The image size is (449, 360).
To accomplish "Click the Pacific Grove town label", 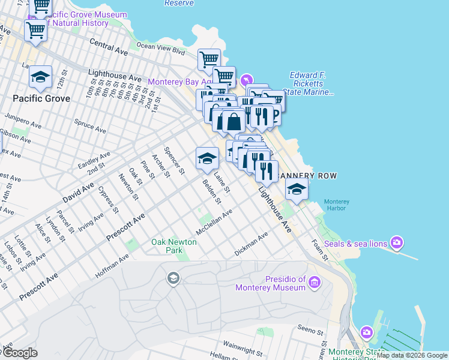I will [41, 98].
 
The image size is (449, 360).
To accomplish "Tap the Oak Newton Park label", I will [166, 245].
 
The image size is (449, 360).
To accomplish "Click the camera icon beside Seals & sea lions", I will [396, 243].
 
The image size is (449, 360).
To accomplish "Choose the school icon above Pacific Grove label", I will [40, 77].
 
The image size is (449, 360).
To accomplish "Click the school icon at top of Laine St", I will [207, 158].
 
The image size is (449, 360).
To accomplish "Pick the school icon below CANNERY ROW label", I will [297, 189].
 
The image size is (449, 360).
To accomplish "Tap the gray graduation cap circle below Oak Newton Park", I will [173, 278].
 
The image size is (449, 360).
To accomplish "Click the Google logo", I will [19, 353].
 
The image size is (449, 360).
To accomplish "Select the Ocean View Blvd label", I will [161, 49].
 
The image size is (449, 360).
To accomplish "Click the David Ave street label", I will [78, 193].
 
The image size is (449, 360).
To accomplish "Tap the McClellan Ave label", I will [214, 223].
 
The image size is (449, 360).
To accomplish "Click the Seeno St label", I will [310, 328].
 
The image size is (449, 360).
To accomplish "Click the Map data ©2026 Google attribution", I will [412, 355].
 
